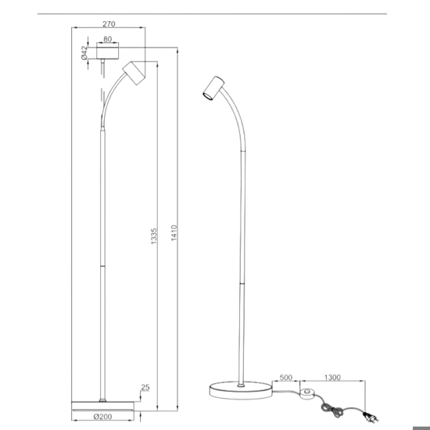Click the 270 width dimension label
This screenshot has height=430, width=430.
point(109,24)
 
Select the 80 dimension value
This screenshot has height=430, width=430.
point(108,39)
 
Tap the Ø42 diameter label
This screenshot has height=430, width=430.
point(84,52)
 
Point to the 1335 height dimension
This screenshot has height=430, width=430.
point(154,236)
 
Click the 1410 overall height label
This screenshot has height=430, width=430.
point(174,233)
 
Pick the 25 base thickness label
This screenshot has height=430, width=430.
point(145,387)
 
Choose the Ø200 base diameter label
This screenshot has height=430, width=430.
point(102,417)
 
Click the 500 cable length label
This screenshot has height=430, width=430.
point(285,378)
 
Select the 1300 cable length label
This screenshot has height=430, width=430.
point(332,378)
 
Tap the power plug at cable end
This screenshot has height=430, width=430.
point(371,417)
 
